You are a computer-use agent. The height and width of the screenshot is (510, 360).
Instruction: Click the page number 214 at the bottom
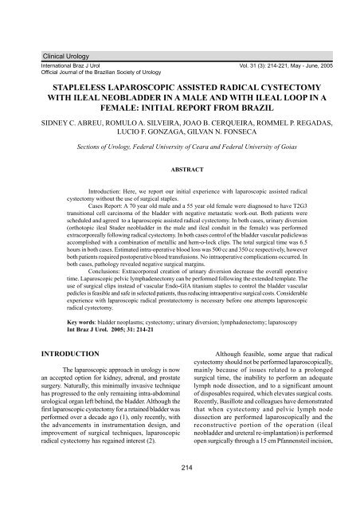[180, 486]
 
